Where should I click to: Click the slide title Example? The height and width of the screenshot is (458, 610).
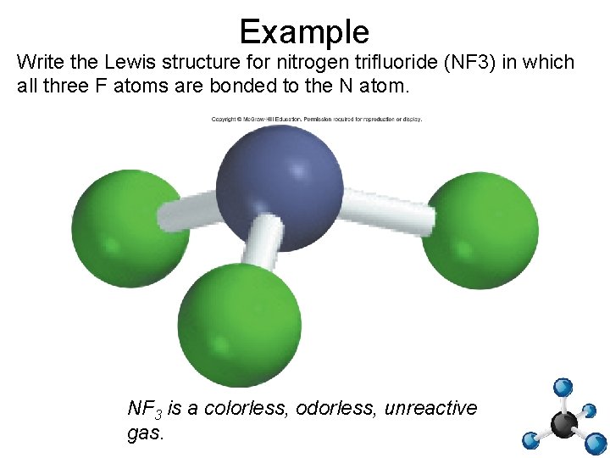point(304,31)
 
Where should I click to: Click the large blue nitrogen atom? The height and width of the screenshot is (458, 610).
point(280,186)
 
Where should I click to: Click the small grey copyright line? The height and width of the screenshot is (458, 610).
point(316,119)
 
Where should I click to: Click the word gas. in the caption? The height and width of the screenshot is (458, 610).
point(145,433)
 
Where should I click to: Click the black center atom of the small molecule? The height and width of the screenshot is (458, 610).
point(563,422)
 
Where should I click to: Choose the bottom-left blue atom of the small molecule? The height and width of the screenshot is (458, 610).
point(530,440)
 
